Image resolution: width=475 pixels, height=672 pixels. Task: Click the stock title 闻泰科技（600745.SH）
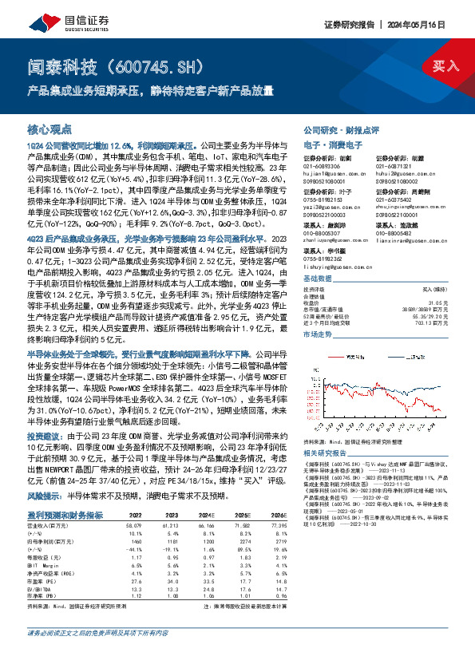click(120, 64)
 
